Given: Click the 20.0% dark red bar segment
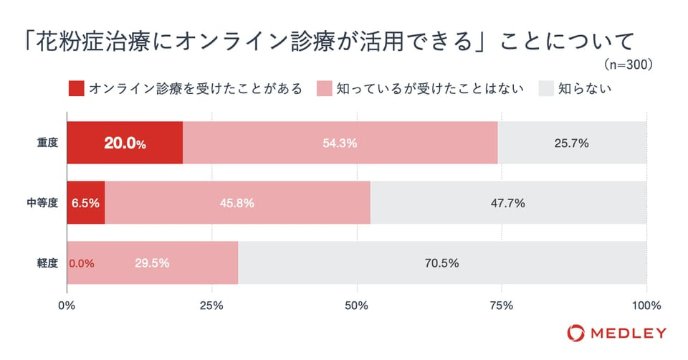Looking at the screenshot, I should point(125,143).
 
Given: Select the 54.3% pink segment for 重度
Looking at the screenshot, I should point(340,143).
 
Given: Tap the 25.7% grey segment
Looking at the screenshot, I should point(572,143).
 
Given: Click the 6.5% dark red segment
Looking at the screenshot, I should point(86,203).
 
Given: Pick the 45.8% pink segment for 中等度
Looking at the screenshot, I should point(238,203).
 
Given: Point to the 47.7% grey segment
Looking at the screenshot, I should point(508,203).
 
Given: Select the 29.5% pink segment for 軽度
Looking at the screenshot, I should point(152,262).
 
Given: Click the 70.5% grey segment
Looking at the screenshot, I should point(441,262).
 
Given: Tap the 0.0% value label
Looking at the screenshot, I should point(81,262).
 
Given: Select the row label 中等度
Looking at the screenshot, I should point(42,203).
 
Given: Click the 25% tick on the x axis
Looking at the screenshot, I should point(212,305).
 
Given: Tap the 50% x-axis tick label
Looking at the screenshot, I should point(357,305).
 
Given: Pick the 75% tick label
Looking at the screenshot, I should point(502,305).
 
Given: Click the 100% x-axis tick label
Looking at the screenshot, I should point(646,305).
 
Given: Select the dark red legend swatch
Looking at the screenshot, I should point(77,89).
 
